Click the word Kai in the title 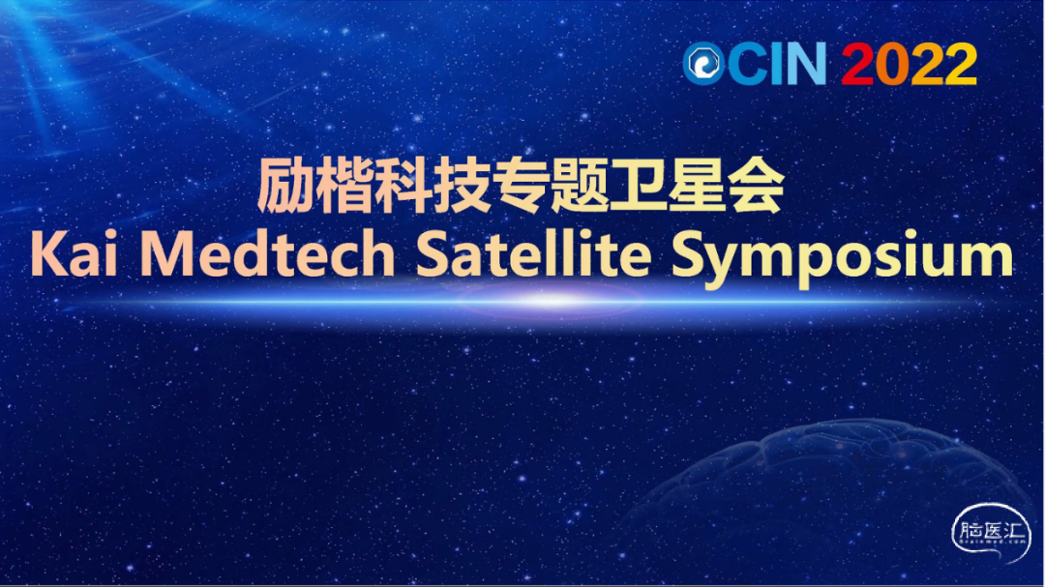point(74,254)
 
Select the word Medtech point(267,254)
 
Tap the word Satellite point(532,254)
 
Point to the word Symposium point(842,258)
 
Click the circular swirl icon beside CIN point(703,64)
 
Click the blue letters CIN point(777,64)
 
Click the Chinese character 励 point(285,186)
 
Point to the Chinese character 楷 point(343,186)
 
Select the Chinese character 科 point(403,186)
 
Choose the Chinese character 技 point(462,186)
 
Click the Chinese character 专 point(520,186)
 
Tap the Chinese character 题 point(579,186)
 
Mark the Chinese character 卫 point(637,186)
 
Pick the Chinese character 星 point(696,186)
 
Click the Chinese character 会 point(755,186)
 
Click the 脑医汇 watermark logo point(991,533)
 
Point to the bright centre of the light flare point(548,301)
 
